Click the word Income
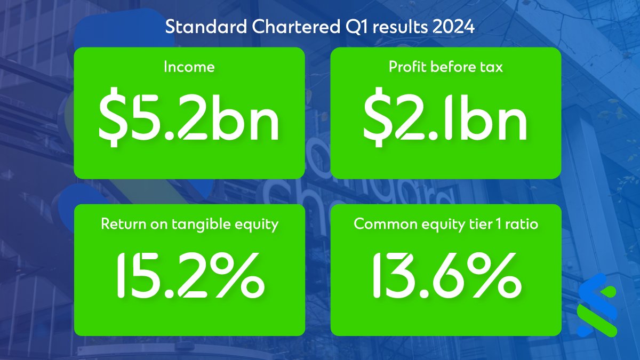[x=189, y=67]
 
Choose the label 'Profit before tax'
[x=445, y=67]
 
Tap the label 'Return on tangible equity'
[x=189, y=224]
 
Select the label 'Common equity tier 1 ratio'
[x=446, y=224]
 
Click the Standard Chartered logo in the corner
[x=597, y=305]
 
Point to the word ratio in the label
[x=523, y=224]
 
